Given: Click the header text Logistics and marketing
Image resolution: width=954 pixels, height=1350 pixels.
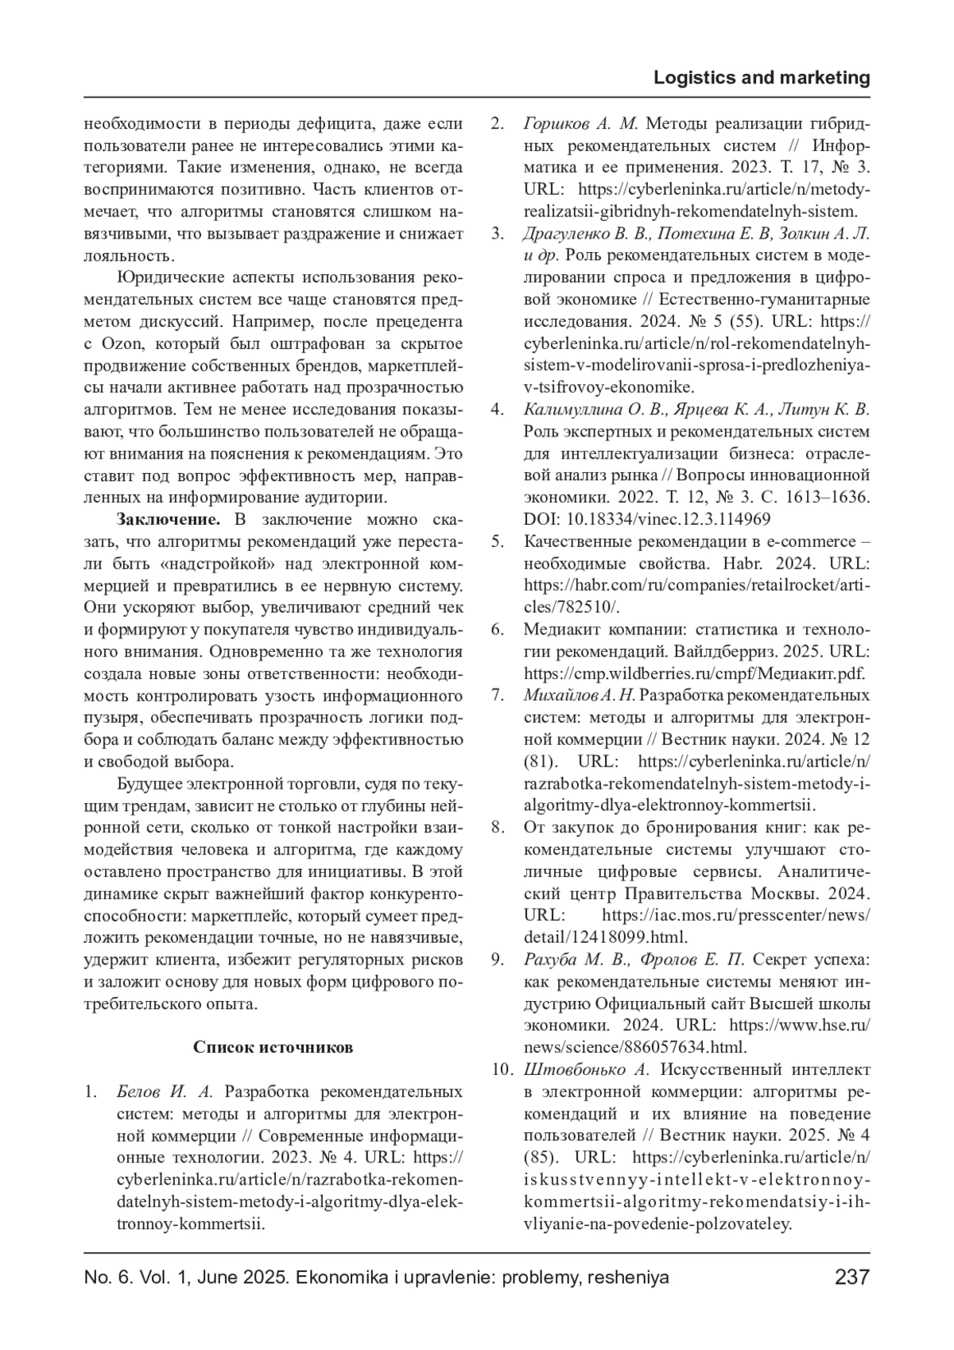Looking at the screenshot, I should (x=761, y=78).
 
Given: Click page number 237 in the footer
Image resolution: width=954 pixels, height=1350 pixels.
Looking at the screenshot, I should (x=851, y=1278).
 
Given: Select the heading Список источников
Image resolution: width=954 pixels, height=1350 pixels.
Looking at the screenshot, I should (x=273, y=1046).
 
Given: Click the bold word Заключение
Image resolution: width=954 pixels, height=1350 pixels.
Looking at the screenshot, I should (x=168, y=520).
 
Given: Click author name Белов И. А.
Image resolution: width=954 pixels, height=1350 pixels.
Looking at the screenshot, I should (x=165, y=1091).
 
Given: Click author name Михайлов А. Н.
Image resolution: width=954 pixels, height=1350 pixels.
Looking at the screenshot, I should (x=580, y=696).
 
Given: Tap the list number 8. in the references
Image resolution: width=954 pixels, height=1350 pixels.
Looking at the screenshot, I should (x=498, y=827).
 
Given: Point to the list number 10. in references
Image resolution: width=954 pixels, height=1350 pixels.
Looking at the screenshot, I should (x=501, y=1069).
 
